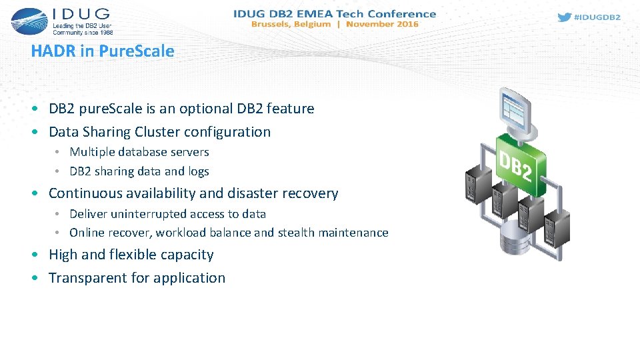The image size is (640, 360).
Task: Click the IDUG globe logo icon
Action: pyautogui.click(x=29, y=21)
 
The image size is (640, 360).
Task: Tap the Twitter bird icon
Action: pyautogui.click(x=564, y=18)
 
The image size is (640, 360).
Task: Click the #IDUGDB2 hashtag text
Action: pyautogui.click(x=597, y=18)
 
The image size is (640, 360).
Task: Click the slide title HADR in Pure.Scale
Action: pyautogui.click(x=103, y=51)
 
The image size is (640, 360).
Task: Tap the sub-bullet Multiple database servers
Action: pyautogui.click(x=139, y=152)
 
